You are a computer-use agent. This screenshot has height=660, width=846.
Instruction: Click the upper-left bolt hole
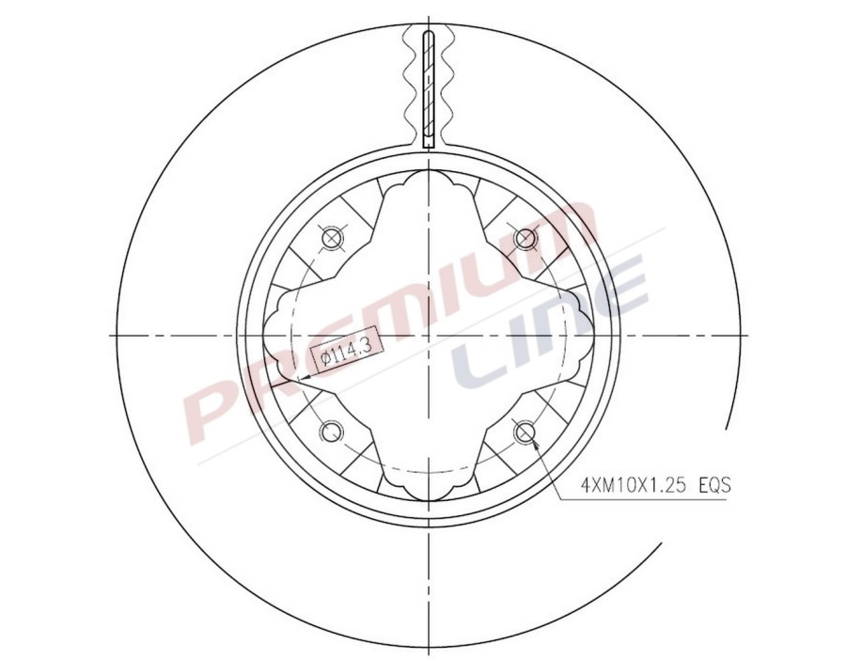pos(330,238)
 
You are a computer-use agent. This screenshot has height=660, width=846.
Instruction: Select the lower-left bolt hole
pos(330,432)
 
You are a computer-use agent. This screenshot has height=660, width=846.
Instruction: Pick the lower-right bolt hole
pos(524,432)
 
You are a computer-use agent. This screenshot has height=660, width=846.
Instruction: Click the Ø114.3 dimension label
pos(345,354)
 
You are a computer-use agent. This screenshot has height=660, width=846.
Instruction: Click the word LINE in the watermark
pos(555,324)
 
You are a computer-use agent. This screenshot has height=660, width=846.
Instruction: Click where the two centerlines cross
pos(428,335)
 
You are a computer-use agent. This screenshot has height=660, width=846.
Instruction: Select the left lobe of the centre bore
pos(274,335)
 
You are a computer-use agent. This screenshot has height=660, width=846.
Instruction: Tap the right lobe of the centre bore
pos(582,335)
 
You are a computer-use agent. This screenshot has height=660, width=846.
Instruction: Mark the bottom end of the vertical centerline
pos(428,651)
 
